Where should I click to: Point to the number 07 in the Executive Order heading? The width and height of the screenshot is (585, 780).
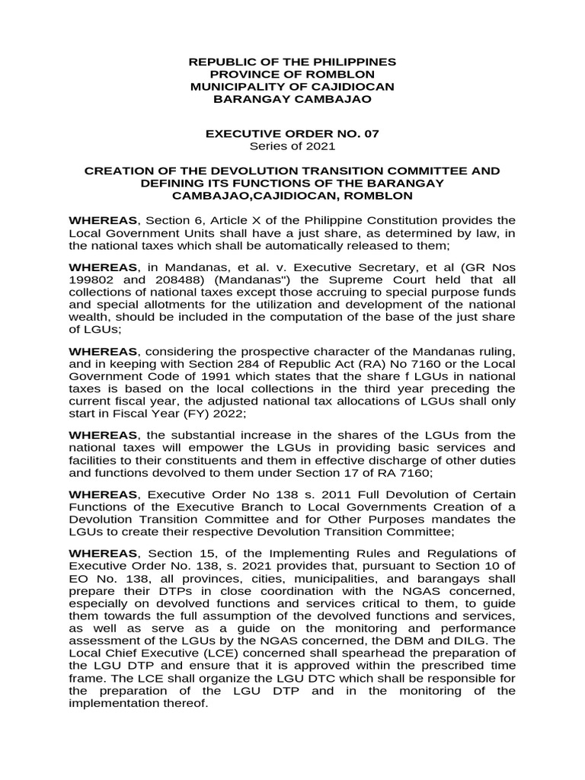(371, 133)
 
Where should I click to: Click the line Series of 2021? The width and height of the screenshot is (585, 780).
(292, 146)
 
